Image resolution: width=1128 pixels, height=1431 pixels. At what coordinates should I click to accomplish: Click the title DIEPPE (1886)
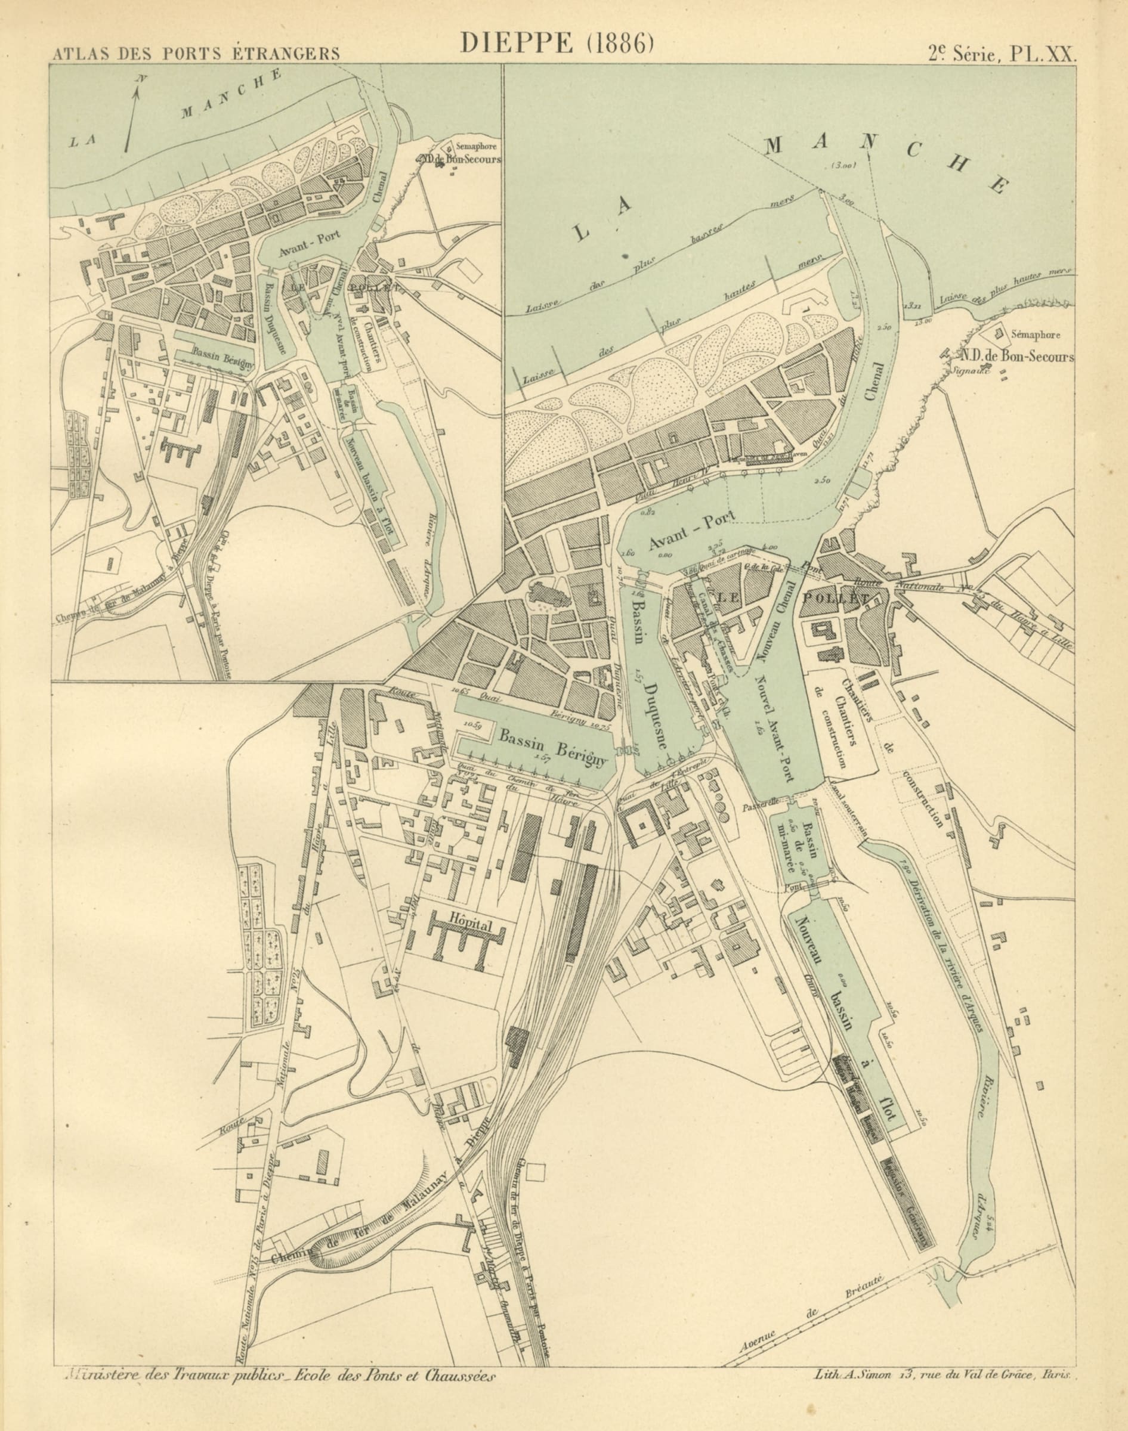[x=556, y=42]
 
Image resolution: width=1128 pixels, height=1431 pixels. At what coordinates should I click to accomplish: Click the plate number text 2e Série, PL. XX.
[x=1001, y=54]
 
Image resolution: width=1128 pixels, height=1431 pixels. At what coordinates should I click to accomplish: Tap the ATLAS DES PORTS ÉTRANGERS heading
[x=196, y=54]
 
